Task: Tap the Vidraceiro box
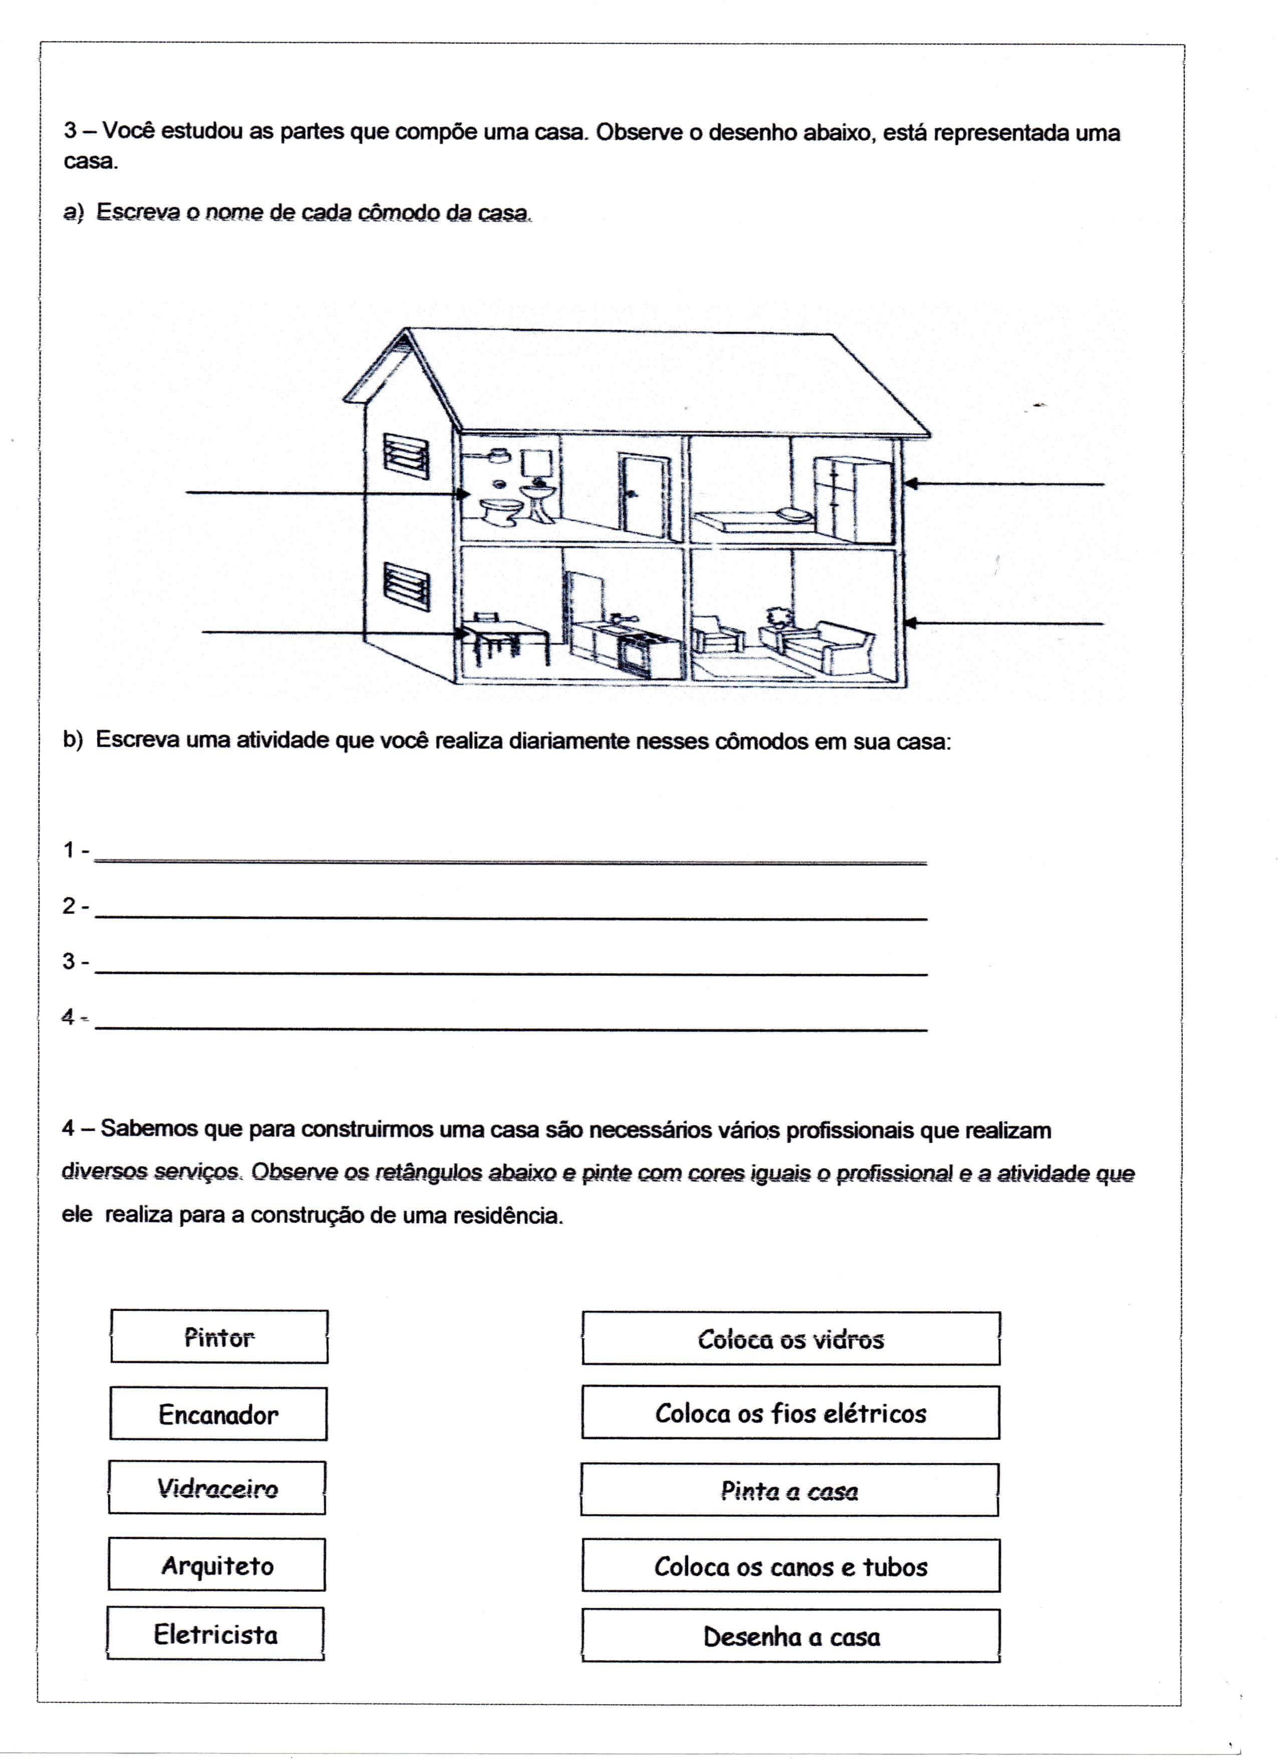(217, 1487)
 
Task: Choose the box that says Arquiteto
(217, 1565)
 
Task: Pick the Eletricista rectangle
(216, 1634)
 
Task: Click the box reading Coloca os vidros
(791, 1338)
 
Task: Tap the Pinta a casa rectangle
(789, 1490)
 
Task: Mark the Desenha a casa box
(791, 1636)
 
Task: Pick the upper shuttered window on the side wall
(406, 458)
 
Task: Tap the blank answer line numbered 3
(510, 965)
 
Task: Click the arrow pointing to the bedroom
(1004, 484)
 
